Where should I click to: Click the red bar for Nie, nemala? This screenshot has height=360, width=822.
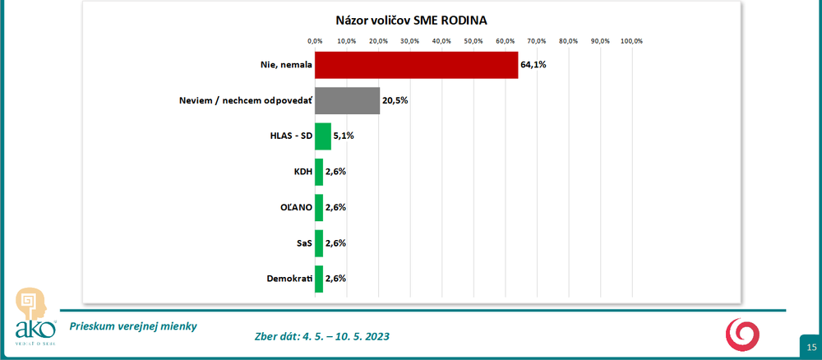click(416, 65)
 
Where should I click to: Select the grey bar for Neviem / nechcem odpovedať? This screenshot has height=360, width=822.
click(347, 100)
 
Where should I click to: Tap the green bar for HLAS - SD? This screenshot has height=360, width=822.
click(323, 136)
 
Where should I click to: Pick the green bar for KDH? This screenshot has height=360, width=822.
click(319, 172)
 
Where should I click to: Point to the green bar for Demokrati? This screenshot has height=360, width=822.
click(319, 279)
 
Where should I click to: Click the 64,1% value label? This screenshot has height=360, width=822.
click(533, 65)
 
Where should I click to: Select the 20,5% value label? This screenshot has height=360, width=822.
click(395, 100)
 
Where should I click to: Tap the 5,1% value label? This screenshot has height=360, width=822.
click(344, 136)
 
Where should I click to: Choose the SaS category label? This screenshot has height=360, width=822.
click(302, 243)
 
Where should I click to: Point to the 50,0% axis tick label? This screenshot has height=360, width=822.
click(473, 41)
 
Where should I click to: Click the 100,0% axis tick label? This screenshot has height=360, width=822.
click(631, 41)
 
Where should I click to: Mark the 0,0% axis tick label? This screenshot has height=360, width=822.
click(315, 41)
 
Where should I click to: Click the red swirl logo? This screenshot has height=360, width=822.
click(742, 335)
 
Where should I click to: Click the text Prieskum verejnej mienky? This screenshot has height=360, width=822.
click(133, 325)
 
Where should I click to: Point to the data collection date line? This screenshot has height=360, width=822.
click(323, 337)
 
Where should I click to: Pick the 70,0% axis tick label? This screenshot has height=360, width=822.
click(537, 41)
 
